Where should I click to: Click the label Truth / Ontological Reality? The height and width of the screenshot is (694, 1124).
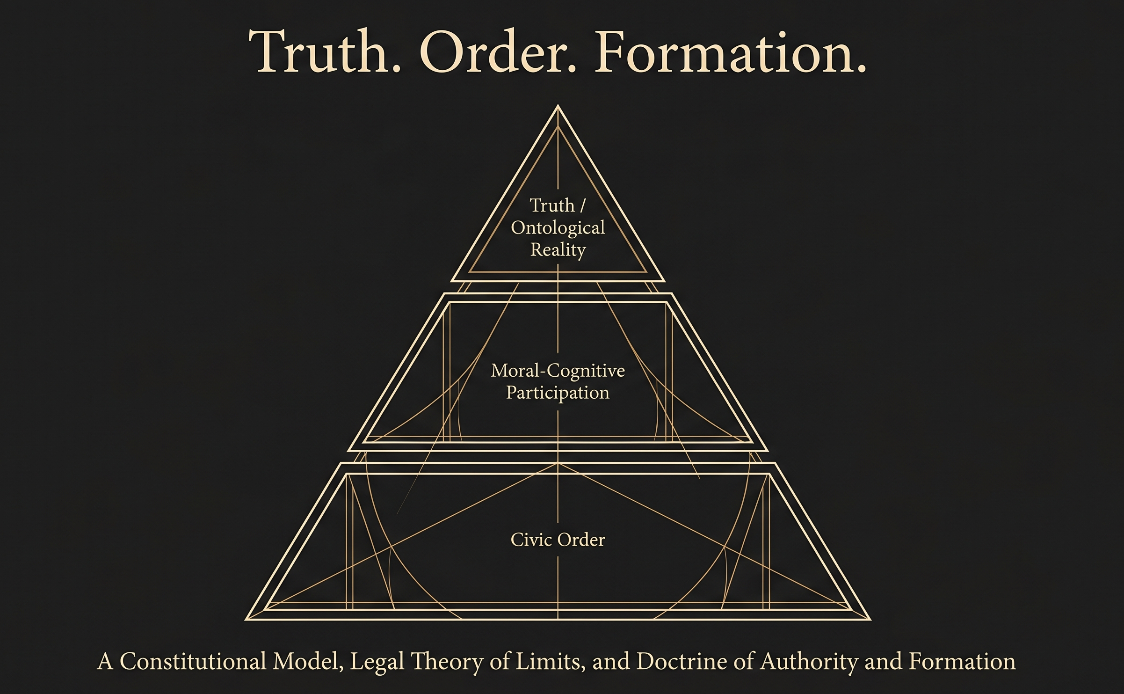pyautogui.click(x=558, y=227)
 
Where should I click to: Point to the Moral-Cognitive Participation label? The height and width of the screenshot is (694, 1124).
pyautogui.click(x=558, y=381)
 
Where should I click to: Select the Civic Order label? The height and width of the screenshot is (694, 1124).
pyautogui.click(x=558, y=540)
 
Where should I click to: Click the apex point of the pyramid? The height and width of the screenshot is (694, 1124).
pyautogui.click(x=558, y=106)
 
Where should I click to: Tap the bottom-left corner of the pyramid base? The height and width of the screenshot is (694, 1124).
pyautogui.click(x=246, y=620)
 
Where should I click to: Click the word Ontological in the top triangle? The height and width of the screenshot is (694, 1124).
pyautogui.click(x=558, y=228)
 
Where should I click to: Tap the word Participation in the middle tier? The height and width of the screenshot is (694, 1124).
pyautogui.click(x=558, y=393)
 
